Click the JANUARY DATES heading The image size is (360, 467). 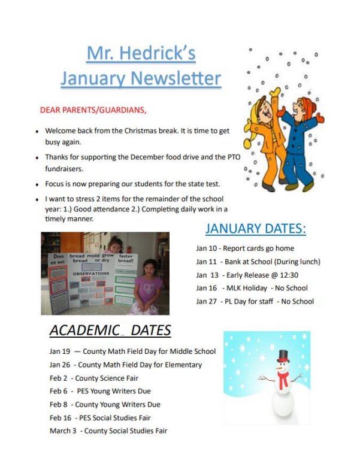tap(255, 229)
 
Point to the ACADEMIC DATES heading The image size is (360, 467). tap(110, 330)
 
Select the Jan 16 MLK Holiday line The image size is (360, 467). tap(252, 288)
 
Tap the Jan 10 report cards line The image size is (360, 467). tap(245, 248)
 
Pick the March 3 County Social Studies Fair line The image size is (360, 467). tap(108, 430)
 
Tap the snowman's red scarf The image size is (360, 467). tap(283, 377)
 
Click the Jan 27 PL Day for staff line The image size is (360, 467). tap(255, 301)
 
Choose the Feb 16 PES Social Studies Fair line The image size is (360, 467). tap(100, 417)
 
